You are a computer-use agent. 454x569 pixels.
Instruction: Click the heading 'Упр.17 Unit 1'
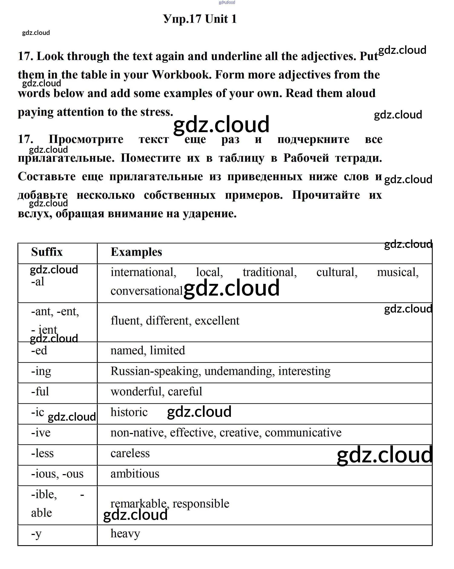coord(200,19)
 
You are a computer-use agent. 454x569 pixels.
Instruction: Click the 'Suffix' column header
coord(47,252)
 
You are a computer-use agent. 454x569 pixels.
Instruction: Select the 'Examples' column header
coord(136,252)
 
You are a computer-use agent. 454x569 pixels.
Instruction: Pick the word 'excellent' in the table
coord(217,321)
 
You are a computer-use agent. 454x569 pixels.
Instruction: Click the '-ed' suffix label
coord(39,350)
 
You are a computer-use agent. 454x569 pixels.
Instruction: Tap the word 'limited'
coord(167,350)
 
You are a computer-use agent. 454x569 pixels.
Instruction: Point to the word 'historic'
coord(129,412)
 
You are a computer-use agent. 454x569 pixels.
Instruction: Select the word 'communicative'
coord(303,433)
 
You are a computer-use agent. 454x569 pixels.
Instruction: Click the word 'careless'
coord(130,453)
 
